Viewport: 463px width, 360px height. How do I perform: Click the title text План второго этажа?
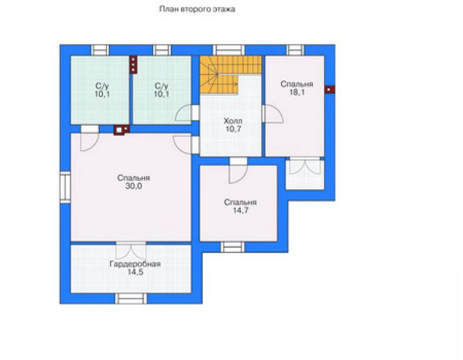pyautogui.click(x=197, y=9)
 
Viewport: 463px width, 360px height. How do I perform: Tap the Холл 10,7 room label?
pyautogui.click(x=233, y=125)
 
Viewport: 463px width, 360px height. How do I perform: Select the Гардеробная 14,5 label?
pyautogui.click(x=135, y=268)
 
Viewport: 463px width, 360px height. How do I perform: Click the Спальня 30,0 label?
pyautogui.click(x=134, y=182)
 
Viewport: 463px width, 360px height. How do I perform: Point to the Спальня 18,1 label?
pyautogui.click(x=297, y=88)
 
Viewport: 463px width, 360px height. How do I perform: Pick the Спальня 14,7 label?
pyautogui.click(x=240, y=207)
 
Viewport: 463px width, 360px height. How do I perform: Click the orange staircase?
pyautogui.click(x=230, y=75)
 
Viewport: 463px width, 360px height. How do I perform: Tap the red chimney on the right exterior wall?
pyautogui.click(x=330, y=90)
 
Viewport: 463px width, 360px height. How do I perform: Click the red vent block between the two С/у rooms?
pyautogui.click(x=133, y=64)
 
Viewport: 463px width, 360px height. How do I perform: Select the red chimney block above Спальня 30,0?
pyautogui.click(x=121, y=130)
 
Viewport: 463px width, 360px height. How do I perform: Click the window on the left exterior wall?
pyautogui.click(x=65, y=187)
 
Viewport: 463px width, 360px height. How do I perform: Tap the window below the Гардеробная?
pyautogui.click(x=131, y=298)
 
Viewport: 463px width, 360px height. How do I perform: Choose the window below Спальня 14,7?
pyautogui.click(x=233, y=247)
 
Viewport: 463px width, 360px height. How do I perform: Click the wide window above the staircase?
pyautogui.click(x=229, y=50)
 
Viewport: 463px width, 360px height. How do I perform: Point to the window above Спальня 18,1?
pyautogui.click(x=295, y=50)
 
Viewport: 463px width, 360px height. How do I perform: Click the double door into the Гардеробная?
pyautogui.click(x=131, y=251)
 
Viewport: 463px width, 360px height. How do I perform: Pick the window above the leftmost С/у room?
pyautogui.click(x=100, y=50)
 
